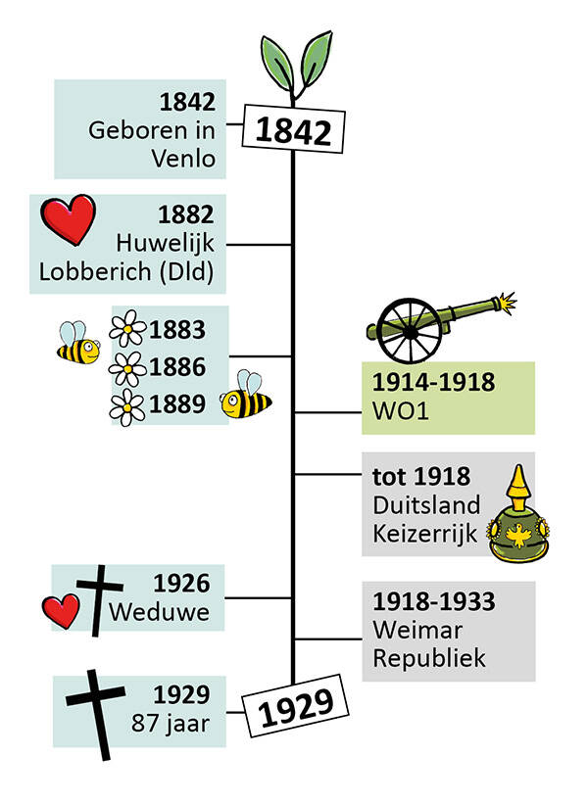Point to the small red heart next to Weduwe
[x=61, y=611]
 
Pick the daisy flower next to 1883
[x=128, y=328]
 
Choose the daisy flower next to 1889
[x=126, y=404]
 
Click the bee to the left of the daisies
[x=76, y=343]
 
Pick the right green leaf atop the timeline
[x=315, y=59]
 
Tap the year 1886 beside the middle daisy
[x=178, y=367]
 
